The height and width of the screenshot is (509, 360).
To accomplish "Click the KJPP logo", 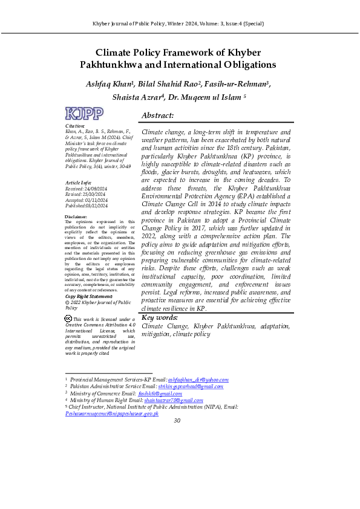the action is [x=84, y=114].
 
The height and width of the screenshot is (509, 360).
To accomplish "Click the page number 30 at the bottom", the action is [x=177, y=420].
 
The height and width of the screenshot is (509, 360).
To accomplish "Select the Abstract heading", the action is [x=157, y=115].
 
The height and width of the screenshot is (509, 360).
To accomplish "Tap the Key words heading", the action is [x=160, y=318].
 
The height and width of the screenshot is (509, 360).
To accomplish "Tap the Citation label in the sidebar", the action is [x=75, y=126].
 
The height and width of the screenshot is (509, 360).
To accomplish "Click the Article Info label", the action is [x=77, y=182].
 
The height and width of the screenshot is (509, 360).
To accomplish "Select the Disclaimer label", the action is [x=76, y=216].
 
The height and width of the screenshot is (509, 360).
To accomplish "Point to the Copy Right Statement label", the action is [x=88, y=296].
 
